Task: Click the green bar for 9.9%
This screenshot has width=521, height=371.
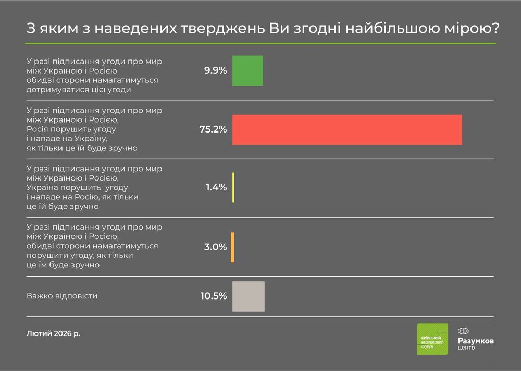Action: click(247, 70)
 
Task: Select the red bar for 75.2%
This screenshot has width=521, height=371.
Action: click(347, 129)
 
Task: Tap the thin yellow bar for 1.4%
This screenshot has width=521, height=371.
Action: click(233, 187)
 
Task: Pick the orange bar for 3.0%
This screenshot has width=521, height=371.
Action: click(232, 247)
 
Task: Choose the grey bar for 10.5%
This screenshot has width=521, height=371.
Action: click(249, 296)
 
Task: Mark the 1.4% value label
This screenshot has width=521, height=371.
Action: click(216, 187)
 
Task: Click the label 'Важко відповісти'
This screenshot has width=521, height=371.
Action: click(62, 296)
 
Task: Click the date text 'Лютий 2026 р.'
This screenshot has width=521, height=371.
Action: click(53, 332)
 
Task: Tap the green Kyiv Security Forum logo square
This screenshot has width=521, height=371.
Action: click(432, 339)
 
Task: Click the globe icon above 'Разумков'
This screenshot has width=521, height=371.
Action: click(463, 331)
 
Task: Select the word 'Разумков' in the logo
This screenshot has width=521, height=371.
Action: click(476, 341)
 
